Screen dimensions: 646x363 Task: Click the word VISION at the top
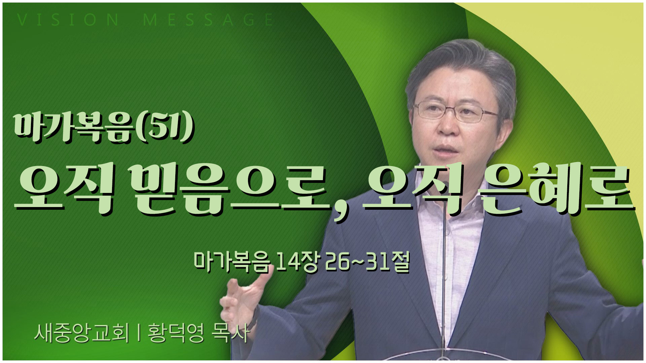coord(68,20)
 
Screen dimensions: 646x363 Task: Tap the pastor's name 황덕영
coord(176,333)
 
